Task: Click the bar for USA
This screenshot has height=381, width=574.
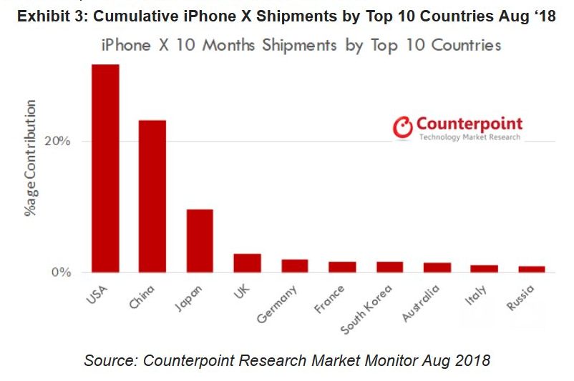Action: pos(104,168)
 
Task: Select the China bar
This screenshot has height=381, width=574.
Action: pos(152,196)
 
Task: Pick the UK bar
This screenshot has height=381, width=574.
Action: pos(247,262)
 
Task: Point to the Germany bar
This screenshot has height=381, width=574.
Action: pos(294,265)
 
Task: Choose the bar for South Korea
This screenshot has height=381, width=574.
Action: pos(389,267)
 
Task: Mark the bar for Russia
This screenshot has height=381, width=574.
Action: pos(532,269)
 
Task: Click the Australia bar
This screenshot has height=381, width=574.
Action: pos(437,267)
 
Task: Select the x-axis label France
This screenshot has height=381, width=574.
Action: pos(329,299)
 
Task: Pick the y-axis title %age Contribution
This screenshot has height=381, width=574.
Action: pos(31,159)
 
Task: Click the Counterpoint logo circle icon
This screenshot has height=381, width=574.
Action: pos(404,127)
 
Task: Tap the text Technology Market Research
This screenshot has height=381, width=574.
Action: pos(470,137)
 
